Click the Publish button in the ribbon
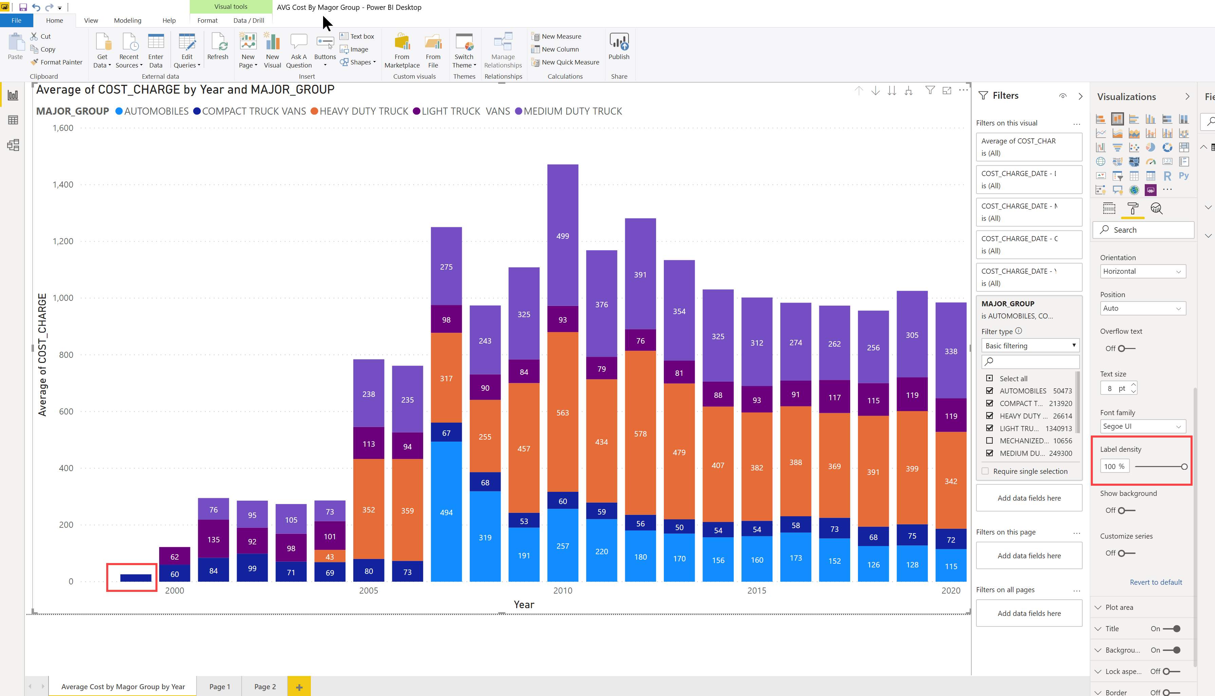pos(619,46)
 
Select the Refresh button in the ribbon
pos(218,46)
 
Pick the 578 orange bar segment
pos(640,433)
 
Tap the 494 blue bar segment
pos(446,511)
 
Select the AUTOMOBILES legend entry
pos(152,111)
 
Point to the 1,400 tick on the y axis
pos(63,185)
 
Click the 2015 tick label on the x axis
pos(756,591)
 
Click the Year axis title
pos(524,605)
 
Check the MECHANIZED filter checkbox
pos(989,441)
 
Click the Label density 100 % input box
pos(1115,466)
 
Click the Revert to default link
pos(1156,582)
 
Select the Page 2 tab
pos(265,687)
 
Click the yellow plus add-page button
pos(299,687)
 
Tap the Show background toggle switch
pos(1126,510)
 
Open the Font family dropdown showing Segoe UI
pos(1143,426)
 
